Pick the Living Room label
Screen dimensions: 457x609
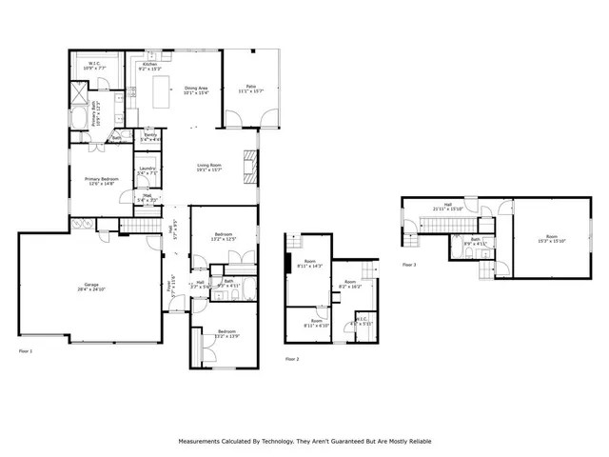[x=209, y=168]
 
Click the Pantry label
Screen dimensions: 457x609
[x=150, y=137]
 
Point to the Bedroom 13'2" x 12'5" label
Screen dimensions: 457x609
[x=225, y=236]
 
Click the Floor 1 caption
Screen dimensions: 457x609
[x=26, y=351]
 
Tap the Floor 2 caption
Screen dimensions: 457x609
[x=292, y=359]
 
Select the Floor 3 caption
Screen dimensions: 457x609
[x=408, y=264]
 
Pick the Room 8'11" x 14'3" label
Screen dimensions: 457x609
[x=309, y=264]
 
